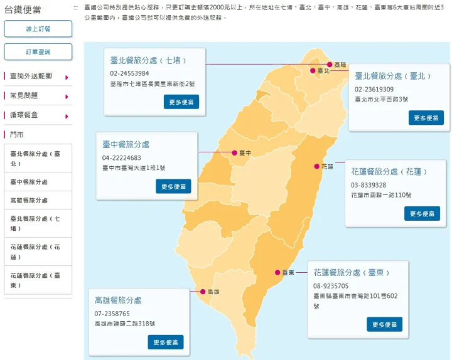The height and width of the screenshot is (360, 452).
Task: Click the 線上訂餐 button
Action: (x=38, y=29)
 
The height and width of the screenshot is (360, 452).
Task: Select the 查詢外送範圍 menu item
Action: (x=31, y=77)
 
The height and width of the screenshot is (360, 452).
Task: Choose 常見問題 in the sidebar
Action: (x=24, y=96)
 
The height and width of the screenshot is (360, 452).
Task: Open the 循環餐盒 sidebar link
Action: (x=24, y=115)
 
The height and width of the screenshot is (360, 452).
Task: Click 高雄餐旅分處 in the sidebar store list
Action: (x=29, y=201)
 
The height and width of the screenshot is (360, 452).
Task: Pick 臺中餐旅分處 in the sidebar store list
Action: (x=29, y=182)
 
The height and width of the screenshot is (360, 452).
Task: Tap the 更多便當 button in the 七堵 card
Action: (x=181, y=102)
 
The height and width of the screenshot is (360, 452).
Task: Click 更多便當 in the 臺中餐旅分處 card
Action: (x=173, y=186)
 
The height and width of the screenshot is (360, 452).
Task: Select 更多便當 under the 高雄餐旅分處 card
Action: (x=166, y=342)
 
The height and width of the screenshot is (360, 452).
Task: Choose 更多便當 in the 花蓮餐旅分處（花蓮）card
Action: (x=422, y=214)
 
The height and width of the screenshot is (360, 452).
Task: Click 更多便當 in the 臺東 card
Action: (x=384, y=324)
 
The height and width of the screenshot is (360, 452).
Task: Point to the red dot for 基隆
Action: (x=330, y=64)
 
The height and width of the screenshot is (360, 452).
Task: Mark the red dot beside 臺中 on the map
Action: (x=234, y=152)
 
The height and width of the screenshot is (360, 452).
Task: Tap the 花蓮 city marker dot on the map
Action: (x=317, y=166)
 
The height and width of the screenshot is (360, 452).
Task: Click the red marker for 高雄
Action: (x=202, y=292)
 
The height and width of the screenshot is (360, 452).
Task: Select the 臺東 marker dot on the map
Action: (x=277, y=272)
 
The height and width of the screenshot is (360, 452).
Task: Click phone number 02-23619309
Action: (x=374, y=89)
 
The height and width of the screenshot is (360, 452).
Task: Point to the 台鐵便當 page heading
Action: (x=24, y=9)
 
